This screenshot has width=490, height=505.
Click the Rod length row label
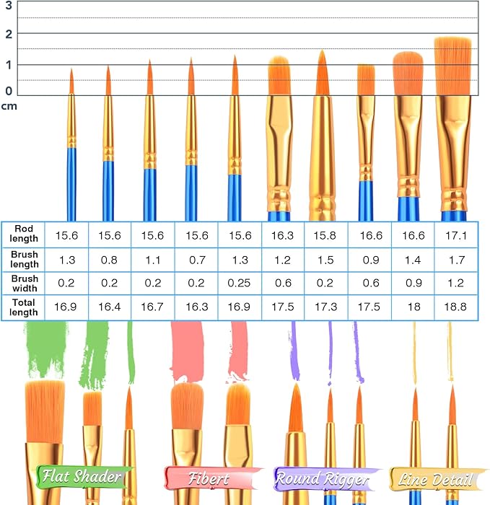[23, 234]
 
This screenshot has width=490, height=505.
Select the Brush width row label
[23, 283]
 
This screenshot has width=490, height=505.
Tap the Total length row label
[23, 307]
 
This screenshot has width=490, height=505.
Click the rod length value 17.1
[456, 234]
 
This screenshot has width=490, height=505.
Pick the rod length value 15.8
[326, 234]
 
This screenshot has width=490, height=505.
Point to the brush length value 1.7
[456, 258]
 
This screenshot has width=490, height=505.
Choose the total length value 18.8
[456, 307]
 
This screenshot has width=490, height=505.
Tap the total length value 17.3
[326, 307]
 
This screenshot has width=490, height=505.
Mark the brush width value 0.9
[413, 283]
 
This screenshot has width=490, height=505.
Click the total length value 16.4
[110, 307]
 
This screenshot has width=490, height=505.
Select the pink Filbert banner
[208, 478]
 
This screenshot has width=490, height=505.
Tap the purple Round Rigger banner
[323, 478]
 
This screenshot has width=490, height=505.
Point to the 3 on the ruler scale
[9, 5]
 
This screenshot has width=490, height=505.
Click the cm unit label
[9, 106]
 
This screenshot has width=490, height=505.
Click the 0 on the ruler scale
[9, 91]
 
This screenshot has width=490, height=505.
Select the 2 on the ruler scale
[9, 34]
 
